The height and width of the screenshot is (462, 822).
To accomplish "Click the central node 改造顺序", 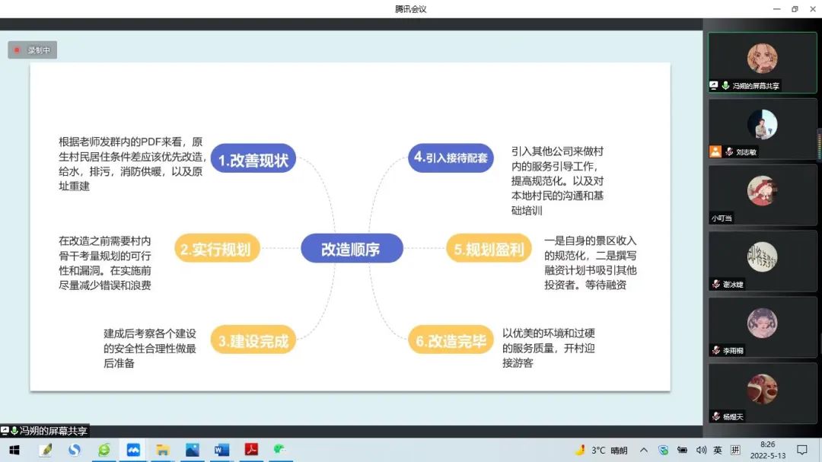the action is [352, 249].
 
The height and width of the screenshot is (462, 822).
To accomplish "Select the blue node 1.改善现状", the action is [253, 159].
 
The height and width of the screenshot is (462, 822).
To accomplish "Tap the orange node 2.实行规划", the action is [216, 249].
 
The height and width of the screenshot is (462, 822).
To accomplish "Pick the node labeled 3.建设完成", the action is [253, 340].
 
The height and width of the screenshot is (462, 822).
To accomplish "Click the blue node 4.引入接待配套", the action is [451, 158].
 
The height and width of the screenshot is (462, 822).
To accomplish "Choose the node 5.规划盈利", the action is [489, 249].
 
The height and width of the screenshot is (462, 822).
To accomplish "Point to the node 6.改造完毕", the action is [451, 340].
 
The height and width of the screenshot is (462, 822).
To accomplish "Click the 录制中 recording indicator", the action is [33, 49].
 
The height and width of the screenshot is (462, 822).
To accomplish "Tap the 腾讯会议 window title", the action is [410, 9].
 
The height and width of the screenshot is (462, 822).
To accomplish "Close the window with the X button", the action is [813, 9].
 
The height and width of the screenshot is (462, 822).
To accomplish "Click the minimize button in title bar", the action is [777, 9].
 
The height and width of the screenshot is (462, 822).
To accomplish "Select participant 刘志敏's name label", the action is [746, 152].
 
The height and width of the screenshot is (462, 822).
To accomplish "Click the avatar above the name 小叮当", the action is [762, 191].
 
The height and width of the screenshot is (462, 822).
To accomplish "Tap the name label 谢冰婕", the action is [733, 284].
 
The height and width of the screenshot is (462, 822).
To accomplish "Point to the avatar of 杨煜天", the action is [762, 389].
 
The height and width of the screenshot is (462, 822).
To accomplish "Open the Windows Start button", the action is [14, 450].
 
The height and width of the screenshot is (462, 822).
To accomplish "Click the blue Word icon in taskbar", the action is [221, 450].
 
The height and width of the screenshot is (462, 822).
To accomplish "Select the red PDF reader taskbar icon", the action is [251, 450].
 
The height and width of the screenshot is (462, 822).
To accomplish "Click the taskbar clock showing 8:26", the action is [767, 444].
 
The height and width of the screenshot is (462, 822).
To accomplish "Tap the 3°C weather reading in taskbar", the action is [598, 450].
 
